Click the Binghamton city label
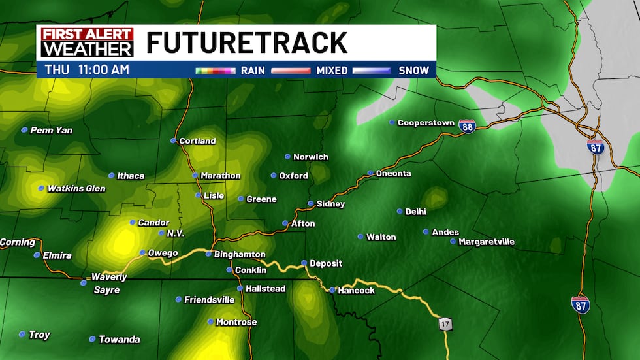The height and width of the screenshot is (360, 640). pyautogui.click(x=240, y=254)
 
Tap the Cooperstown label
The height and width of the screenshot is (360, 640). pyautogui.click(x=425, y=122)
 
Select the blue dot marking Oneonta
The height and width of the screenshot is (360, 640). pyautogui.click(x=370, y=173)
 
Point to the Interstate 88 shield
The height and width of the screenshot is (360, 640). pyautogui.click(x=467, y=125)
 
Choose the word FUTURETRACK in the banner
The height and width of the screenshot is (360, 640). pyautogui.click(x=246, y=42)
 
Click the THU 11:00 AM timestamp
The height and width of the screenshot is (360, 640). pyautogui.click(x=87, y=69)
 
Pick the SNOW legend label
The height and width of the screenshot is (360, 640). pyautogui.click(x=413, y=70)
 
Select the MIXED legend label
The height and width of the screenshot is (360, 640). pyautogui.click(x=332, y=70)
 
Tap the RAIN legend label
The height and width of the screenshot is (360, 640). pyautogui.click(x=253, y=70)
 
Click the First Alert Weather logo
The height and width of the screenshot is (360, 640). pyautogui.click(x=87, y=42)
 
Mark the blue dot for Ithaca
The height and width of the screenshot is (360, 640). pyautogui.click(x=111, y=175)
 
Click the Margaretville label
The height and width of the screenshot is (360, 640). pyautogui.click(x=487, y=242)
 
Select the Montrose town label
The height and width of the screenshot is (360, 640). pyautogui.click(x=236, y=322)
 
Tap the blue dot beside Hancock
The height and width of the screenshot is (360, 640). pyautogui.click(x=332, y=289)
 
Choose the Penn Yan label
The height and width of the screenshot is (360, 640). pyautogui.click(x=52, y=130)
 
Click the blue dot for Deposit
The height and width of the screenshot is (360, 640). pyautogui.click(x=304, y=263)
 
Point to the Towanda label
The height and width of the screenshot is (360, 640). pyautogui.click(x=119, y=339)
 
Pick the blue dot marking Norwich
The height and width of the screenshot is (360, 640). pyautogui.click(x=287, y=156)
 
